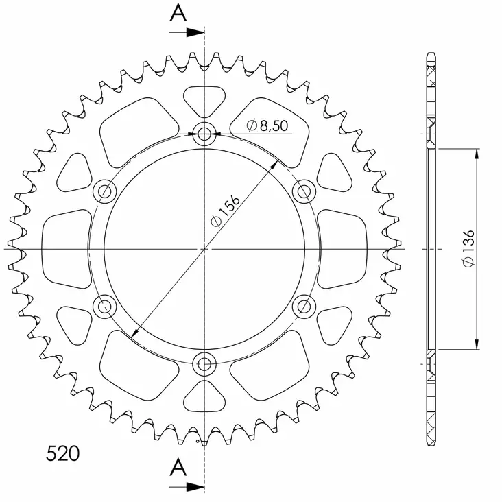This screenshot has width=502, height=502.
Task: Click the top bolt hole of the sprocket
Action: [x=204, y=134]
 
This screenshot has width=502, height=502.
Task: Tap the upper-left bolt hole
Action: [x=105, y=191]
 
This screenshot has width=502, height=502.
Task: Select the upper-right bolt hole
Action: [x=302, y=191]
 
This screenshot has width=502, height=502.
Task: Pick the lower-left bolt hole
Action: [x=105, y=305]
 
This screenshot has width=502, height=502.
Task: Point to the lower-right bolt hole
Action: [x=302, y=305]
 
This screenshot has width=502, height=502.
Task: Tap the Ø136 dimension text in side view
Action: [x=469, y=248]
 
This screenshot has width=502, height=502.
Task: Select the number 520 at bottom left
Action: [x=62, y=453]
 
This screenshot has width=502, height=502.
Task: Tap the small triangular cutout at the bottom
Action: [x=204, y=396]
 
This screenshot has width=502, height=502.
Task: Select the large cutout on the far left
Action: [x=66, y=248]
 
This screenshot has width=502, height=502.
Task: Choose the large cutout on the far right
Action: [x=343, y=248]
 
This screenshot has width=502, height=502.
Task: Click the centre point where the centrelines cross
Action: [x=204, y=248]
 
